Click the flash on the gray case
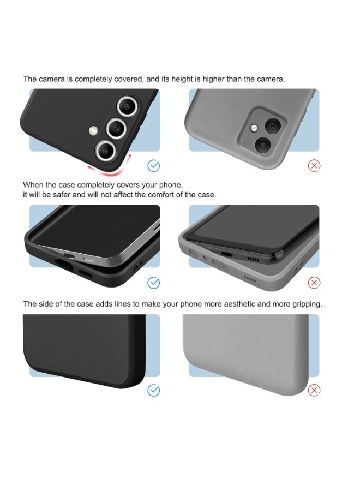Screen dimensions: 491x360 click(253, 128)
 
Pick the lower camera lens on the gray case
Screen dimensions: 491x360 click(263, 144)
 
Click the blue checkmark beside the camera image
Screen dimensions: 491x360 click(154, 165)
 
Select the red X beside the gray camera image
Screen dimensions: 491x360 click(314, 165)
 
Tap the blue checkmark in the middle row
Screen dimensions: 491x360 click(154, 283)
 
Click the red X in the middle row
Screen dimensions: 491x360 click(314, 283)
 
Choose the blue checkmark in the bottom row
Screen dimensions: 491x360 click(154, 390)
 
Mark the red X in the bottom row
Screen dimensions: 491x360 click(314, 390)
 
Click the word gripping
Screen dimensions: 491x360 click(306, 304)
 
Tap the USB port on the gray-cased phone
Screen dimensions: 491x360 click(226, 255)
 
